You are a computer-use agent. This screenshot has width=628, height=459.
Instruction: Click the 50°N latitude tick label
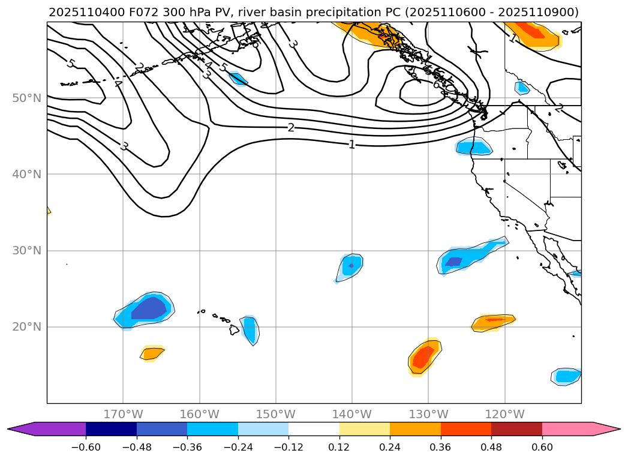(26, 98)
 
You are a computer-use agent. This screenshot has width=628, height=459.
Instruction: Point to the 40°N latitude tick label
(26, 174)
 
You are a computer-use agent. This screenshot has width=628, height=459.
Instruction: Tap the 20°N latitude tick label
(26, 327)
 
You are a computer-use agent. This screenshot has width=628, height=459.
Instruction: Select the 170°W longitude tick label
(123, 414)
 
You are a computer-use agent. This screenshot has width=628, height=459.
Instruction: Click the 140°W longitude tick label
(352, 414)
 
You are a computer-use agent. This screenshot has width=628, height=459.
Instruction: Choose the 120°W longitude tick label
(504, 414)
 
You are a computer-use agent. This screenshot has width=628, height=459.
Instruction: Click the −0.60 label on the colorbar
(86, 446)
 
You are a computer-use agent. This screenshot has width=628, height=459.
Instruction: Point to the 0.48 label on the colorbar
(491, 446)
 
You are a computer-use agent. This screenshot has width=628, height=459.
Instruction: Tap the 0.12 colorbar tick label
(339, 446)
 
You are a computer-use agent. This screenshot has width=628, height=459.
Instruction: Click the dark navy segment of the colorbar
(111, 429)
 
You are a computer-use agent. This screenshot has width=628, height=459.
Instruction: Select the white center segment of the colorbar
(314, 429)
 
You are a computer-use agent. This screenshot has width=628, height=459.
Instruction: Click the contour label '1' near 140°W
(352, 145)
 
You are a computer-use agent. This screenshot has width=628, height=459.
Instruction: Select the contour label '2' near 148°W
(291, 127)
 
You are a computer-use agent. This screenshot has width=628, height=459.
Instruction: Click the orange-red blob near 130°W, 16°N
(423, 356)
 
